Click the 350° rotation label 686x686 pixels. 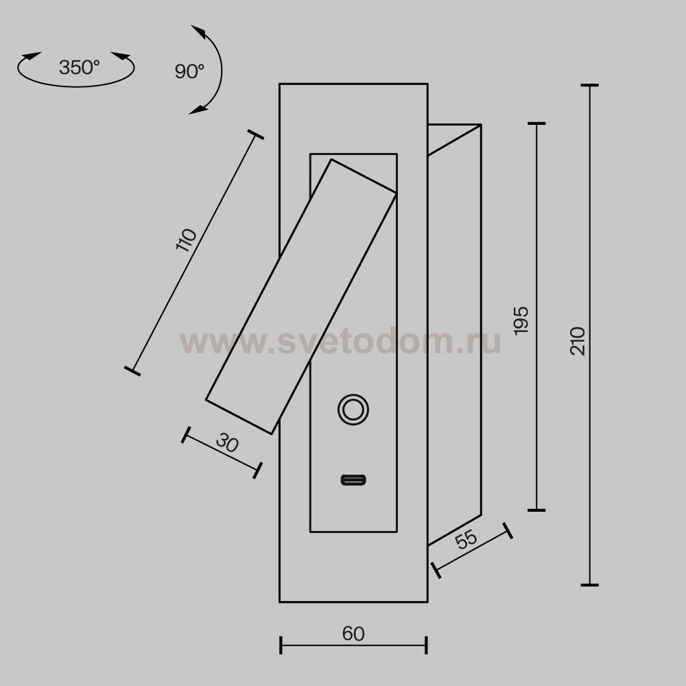pos(79,67)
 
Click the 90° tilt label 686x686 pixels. pos(189,71)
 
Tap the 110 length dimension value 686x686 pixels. pos(187,239)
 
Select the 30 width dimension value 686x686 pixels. pos(228,442)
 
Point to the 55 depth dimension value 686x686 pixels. pos(466,539)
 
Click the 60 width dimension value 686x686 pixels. pos(353,633)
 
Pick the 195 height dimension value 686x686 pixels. pos(521,320)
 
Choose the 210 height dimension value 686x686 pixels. pos(578,341)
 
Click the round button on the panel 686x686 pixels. pos(353,410)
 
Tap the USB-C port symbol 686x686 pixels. pos(353,480)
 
